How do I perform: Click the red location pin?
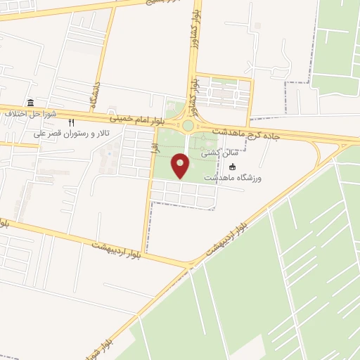coord(181,166)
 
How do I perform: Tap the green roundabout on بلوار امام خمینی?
coord(188,127)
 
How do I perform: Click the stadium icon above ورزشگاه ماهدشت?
coord(233,167)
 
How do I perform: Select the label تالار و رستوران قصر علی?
coord(71,134)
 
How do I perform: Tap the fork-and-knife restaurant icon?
coord(71,122)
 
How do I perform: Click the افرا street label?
coord(153,150)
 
